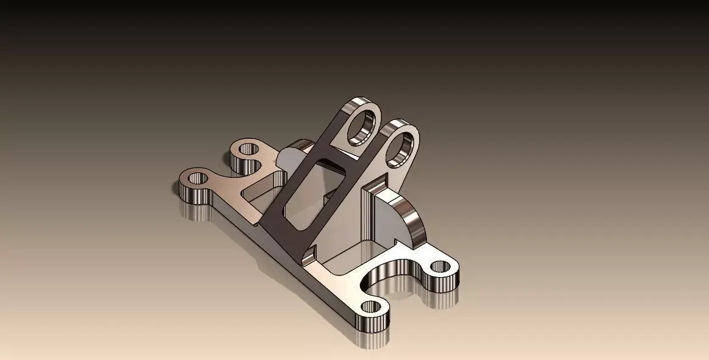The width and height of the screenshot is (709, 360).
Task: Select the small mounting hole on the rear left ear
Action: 248,149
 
